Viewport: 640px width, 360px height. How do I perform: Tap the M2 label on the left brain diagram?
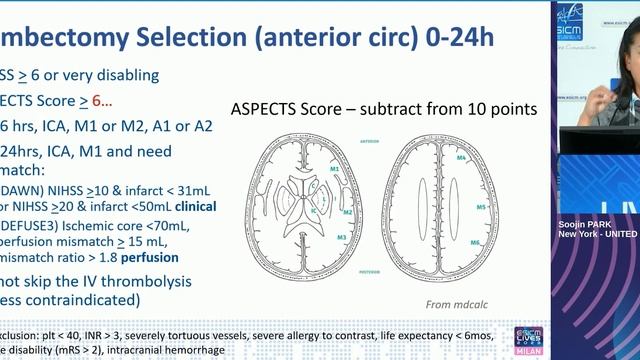[346, 212]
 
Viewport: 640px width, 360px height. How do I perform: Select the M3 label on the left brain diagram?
[342, 237]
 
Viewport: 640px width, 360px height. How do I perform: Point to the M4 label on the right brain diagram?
[461, 159]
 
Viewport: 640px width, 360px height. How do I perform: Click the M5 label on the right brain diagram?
[480, 207]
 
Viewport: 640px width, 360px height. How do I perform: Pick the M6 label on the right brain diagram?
[475, 243]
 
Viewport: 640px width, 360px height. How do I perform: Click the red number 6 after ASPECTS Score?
[96, 100]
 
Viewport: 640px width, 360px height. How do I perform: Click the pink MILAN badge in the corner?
[528, 351]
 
